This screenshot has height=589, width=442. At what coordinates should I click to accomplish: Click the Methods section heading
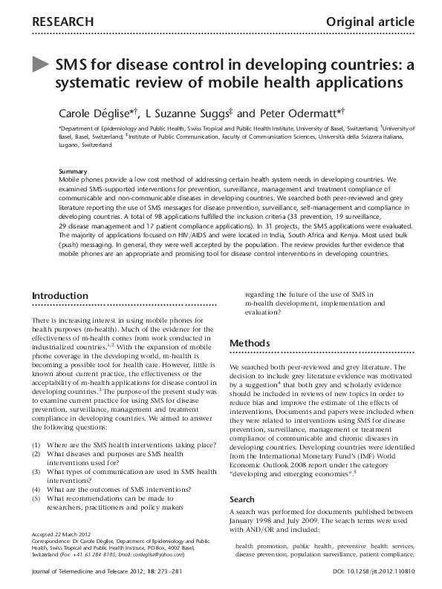(250, 344)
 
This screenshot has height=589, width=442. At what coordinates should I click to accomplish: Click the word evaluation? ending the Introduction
(266, 314)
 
